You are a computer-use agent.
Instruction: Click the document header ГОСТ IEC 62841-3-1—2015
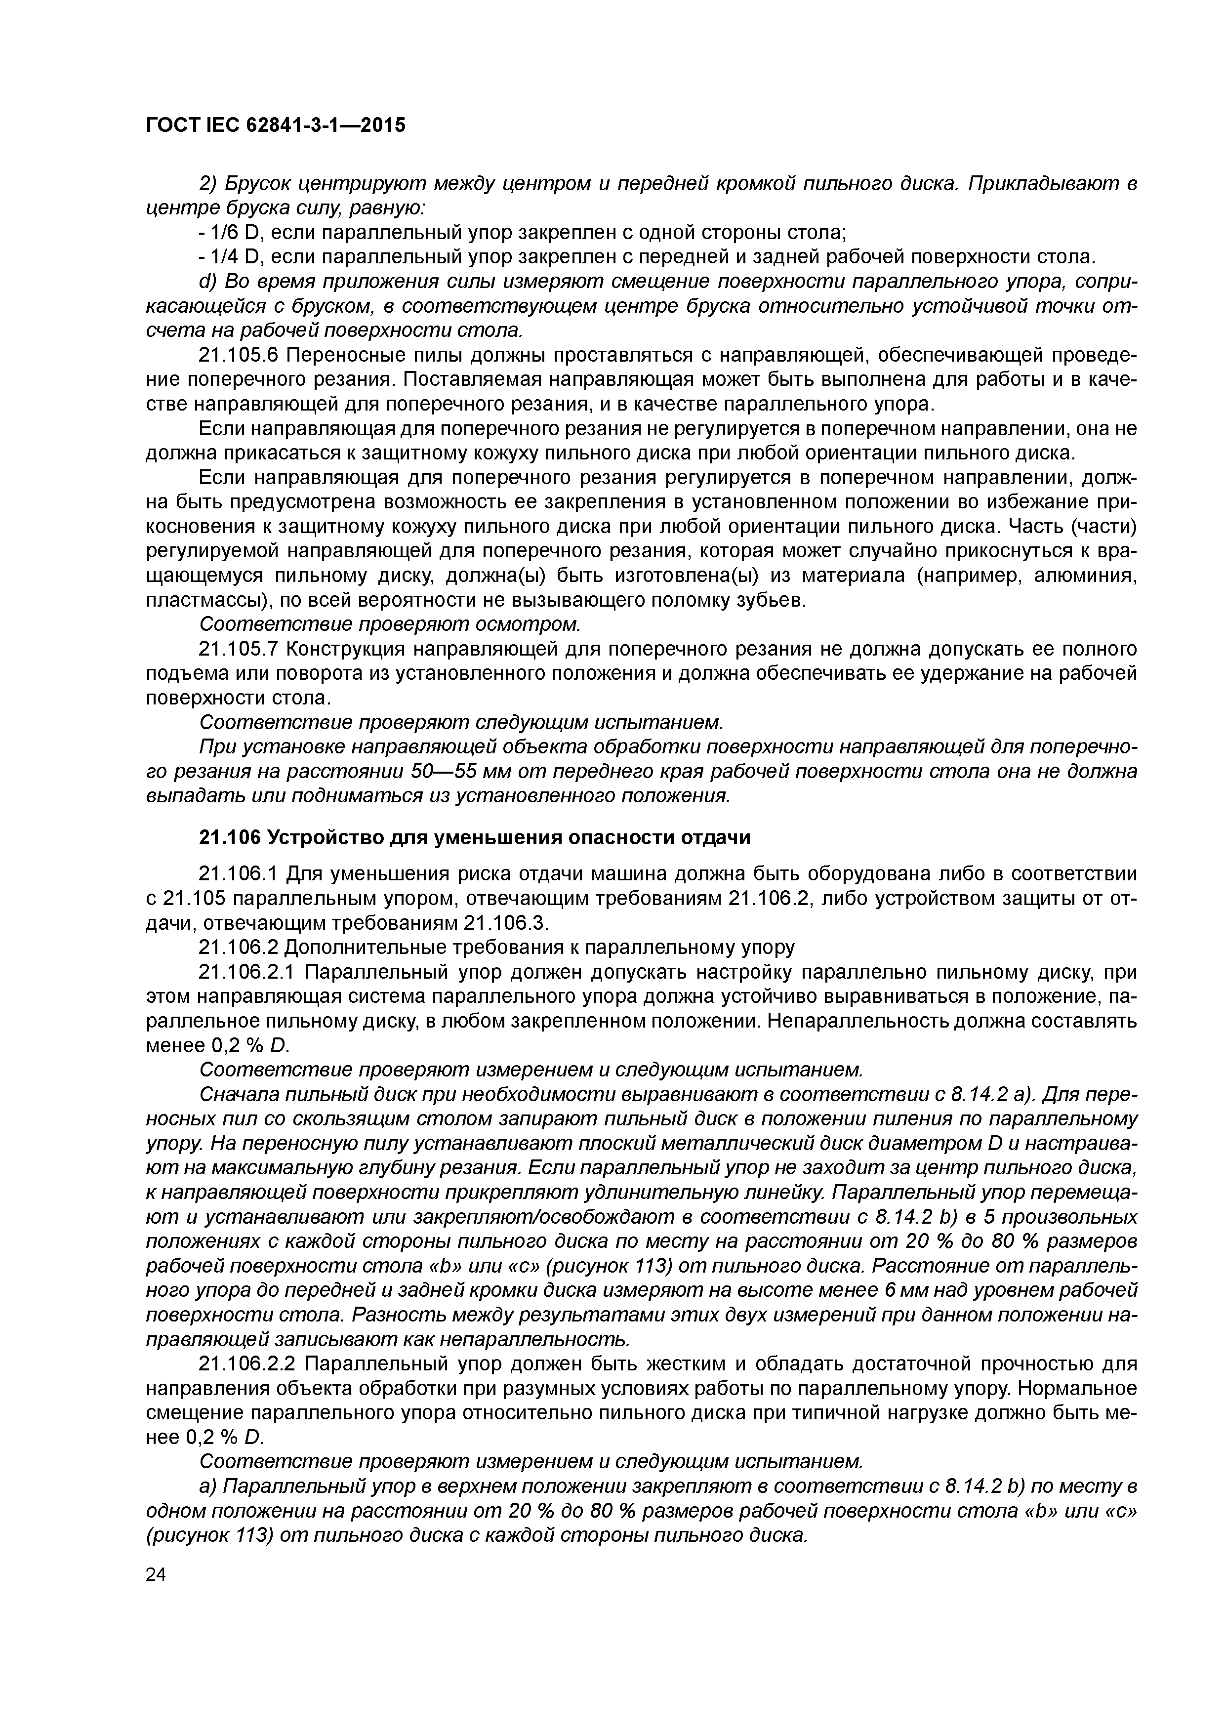pyautogui.click(x=275, y=124)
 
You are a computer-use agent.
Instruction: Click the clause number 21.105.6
pyautogui.click(x=239, y=355)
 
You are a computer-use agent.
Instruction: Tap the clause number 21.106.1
pyautogui.click(x=239, y=874)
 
